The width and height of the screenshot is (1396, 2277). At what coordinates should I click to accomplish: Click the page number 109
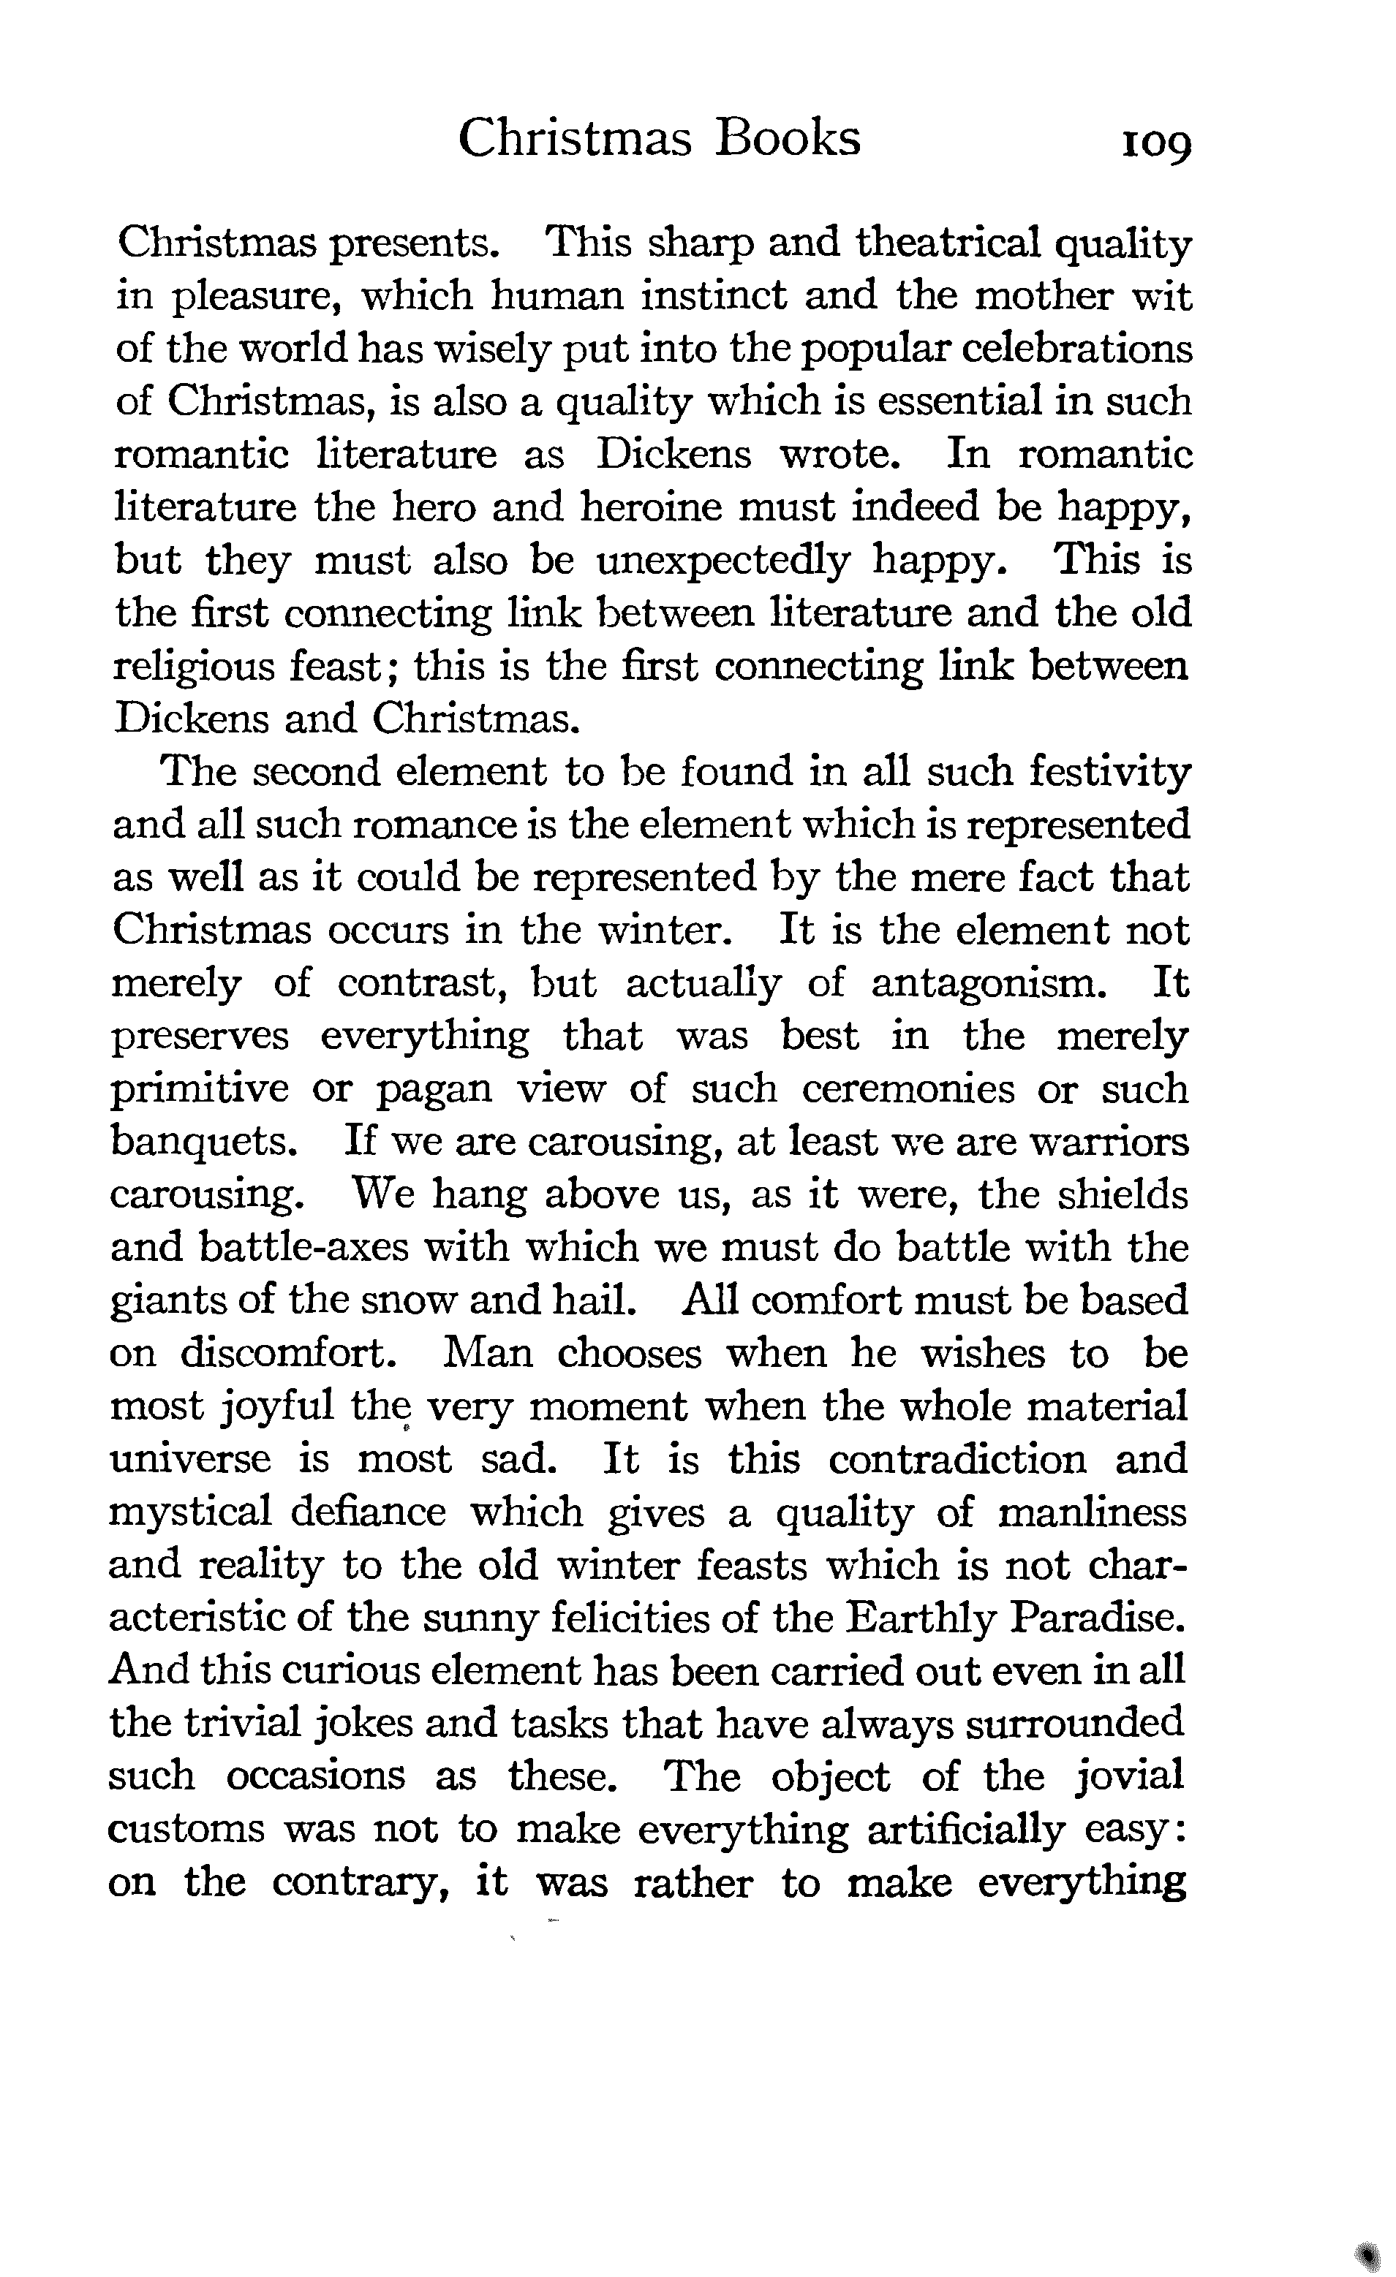coord(1155,144)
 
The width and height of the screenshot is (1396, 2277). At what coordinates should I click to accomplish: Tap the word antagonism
coord(988,983)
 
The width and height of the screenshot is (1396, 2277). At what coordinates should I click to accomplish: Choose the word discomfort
coord(287,1354)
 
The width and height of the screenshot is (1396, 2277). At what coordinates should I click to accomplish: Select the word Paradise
coord(1095,1618)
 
